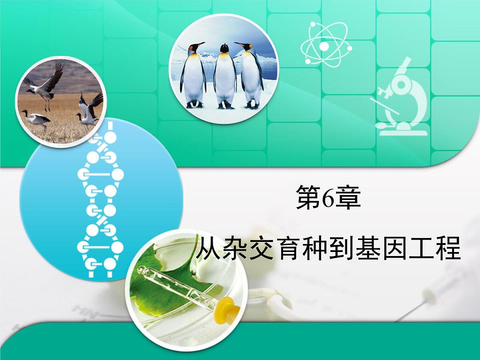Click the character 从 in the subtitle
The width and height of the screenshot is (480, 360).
pos(209,249)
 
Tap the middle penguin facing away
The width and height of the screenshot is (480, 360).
pos(225,76)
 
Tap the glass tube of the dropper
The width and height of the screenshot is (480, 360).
pos(176,286)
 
